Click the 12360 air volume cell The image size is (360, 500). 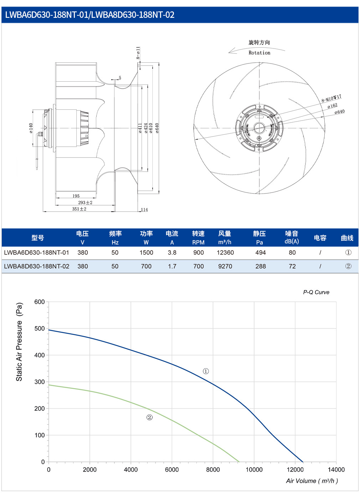pyautogui.click(x=225, y=252)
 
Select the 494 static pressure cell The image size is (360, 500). pyautogui.click(x=261, y=252)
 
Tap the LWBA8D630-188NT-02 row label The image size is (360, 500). pyautogui.click(x=37, y=266)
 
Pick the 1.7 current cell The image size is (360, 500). pyautogui.click(x=172, y=266)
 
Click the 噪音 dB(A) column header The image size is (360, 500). pyautogui.click(x=292, y=237)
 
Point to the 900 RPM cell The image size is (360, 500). pyautogui.click(x=199, y=252)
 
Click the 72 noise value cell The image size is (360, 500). pyautogui.click(x=292, y=266)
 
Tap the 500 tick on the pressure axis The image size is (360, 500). pyautogui.click(x=40, y=329)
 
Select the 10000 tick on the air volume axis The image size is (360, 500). pyautogui.click(x=254, y=469)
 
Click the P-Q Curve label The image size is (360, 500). pyautogui.click(x=316, y=292)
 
